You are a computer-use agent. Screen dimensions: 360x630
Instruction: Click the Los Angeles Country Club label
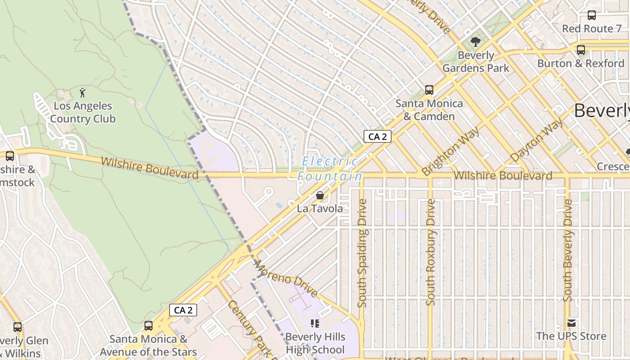tap(83, 112)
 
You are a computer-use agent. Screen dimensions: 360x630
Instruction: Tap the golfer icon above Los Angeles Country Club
tap(82, 93)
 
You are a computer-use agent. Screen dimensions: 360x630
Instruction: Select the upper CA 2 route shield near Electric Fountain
tap(377, 136)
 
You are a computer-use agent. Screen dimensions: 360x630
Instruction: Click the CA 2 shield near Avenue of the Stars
tap(183, 310)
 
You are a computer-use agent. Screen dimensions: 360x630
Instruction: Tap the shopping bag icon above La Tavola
tap(319, 195)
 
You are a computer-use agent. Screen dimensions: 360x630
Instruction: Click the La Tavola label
tap(319, 209)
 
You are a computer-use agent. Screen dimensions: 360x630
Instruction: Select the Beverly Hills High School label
tap(315, 343)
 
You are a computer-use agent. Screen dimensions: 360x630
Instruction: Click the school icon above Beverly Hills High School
tap(315, 324)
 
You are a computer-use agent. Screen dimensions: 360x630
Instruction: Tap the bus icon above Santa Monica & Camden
tap(429, 90)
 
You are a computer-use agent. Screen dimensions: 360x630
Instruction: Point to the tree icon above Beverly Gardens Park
tap(476, 42)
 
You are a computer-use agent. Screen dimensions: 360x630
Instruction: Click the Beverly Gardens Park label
tap(476, 62)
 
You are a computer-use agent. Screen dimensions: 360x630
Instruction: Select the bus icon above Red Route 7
tap(592, 15)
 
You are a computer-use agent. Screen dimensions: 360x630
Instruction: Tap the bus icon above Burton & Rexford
tap(581, 49)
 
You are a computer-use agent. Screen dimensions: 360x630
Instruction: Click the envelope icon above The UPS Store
tap(571, 323)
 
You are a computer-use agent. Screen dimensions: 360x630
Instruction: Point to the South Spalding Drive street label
tap(362, 253)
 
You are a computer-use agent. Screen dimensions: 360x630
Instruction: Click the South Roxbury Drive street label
tap(431, 252)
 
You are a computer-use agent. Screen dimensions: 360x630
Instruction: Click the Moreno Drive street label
tap(286, 279)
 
